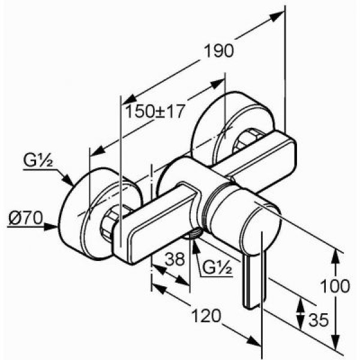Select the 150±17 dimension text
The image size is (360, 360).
coord(154,111)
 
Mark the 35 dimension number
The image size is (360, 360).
coord(318,320)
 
